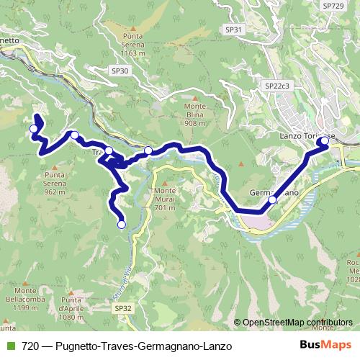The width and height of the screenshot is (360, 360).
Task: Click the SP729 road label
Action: click(x=333, y=6)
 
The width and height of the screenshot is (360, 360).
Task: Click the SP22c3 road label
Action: click(x=276, y=86)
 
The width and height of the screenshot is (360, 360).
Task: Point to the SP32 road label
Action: click(x=122, y=307)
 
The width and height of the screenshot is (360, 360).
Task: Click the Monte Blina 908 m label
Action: click(x=195, y=114)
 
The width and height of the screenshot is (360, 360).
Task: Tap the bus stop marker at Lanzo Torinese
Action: click(x=325, y=141)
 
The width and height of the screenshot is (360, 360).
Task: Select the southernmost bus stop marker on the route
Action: click(x=121, y=225)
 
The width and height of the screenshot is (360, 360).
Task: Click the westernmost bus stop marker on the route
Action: click(x=33, y=129)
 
